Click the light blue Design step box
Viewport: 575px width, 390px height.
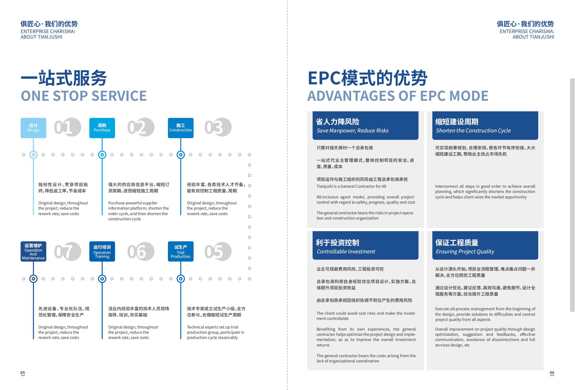tap(33, 128)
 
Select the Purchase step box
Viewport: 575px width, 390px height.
tap(102, 128)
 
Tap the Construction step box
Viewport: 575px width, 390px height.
tap(180, 128)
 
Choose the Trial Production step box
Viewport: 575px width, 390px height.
tap(180, 252)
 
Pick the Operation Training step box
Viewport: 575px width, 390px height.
tap(102, 252)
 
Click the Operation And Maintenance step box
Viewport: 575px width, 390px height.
tap(33, 252)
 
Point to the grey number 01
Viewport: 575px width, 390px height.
tap(68, 127)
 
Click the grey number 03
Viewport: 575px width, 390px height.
tap(218, 127)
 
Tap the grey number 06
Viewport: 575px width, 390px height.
tap(141, 252)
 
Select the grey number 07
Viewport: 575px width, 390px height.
tap(68, 252)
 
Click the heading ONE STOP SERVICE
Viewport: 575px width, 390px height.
tap(84, 96)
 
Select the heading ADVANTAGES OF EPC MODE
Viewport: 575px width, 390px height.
tap(398, 96)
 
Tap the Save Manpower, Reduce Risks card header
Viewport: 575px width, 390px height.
tap(365, 126)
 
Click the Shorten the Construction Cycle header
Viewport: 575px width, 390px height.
tap(485, 126)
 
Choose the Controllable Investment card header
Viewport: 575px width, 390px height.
tap(365, 246)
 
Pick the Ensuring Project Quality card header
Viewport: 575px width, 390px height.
tap(485, 246)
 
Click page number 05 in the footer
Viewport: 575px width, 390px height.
tap(23, 373)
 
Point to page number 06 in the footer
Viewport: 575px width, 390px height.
tap(552, 373)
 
